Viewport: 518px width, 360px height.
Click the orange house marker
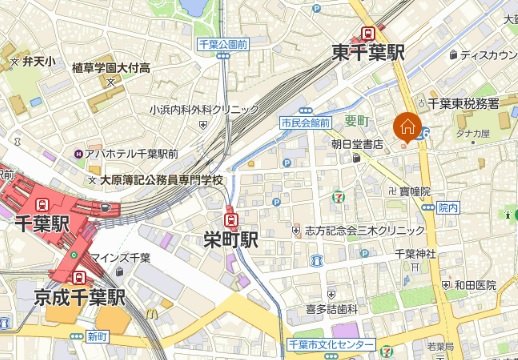407,127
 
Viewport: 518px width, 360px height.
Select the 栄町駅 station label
231,240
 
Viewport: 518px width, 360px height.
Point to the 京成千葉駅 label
79,297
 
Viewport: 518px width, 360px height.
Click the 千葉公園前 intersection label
222,45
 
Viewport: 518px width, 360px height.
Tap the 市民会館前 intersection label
305,122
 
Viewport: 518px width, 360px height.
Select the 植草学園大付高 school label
110,67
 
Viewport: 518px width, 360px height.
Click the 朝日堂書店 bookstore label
358,144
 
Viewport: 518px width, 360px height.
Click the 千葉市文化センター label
329,344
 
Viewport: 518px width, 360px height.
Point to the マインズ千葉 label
122,258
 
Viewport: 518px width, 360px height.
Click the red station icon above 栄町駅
232,217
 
